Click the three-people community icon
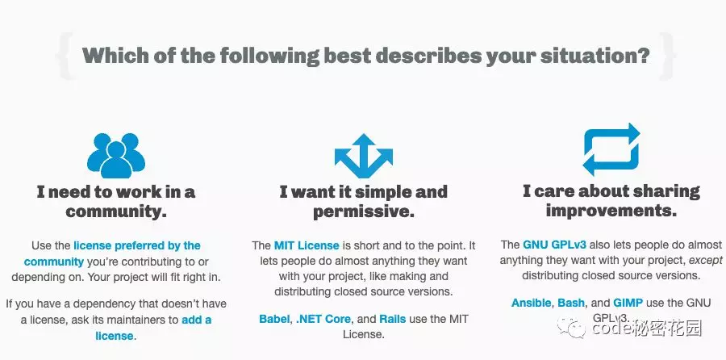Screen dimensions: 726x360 pos(116,156)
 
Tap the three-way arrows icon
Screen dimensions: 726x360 pos(364,157)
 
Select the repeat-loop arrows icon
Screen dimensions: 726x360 pos(611,149)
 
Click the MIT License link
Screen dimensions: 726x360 pos(307,245)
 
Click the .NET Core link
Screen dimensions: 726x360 pos(323,319)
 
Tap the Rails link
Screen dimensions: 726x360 pos(393,319)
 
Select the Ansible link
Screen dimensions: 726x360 pos(532,303)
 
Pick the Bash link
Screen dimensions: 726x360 pos(571,303)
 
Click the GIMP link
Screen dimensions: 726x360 pos(628,303)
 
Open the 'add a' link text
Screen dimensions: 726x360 pos(196,320)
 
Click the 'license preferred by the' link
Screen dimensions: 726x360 pos(137,245)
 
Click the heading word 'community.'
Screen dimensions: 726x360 pos(116,211)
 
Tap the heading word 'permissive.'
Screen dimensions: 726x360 pos(364,211)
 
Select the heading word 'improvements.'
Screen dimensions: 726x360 pos(611,211)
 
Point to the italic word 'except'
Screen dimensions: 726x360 pos(706,261)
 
